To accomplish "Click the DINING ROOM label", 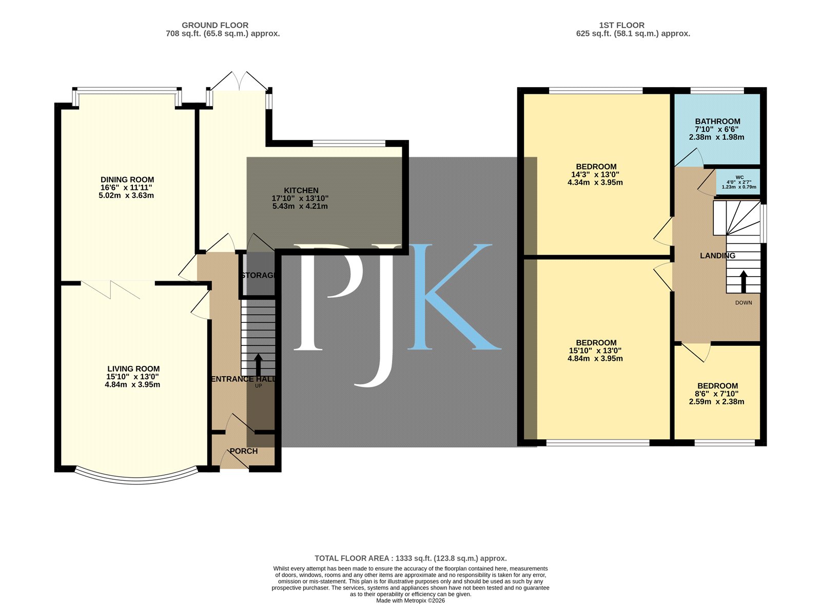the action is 127,180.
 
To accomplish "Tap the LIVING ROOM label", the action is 133,368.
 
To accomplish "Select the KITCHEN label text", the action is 301,190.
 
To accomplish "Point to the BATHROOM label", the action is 718,121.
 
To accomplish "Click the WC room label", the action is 739,178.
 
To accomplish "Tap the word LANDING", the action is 718,256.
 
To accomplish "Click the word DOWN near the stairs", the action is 744,303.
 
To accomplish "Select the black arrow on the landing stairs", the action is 744,282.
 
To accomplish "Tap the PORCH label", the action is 244,451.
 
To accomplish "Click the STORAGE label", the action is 258,275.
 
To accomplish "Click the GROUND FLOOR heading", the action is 215,25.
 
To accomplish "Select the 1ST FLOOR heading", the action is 621,25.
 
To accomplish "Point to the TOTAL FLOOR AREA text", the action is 411,558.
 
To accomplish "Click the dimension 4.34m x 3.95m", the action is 595,183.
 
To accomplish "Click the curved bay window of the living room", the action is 136,478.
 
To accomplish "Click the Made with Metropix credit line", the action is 411,601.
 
